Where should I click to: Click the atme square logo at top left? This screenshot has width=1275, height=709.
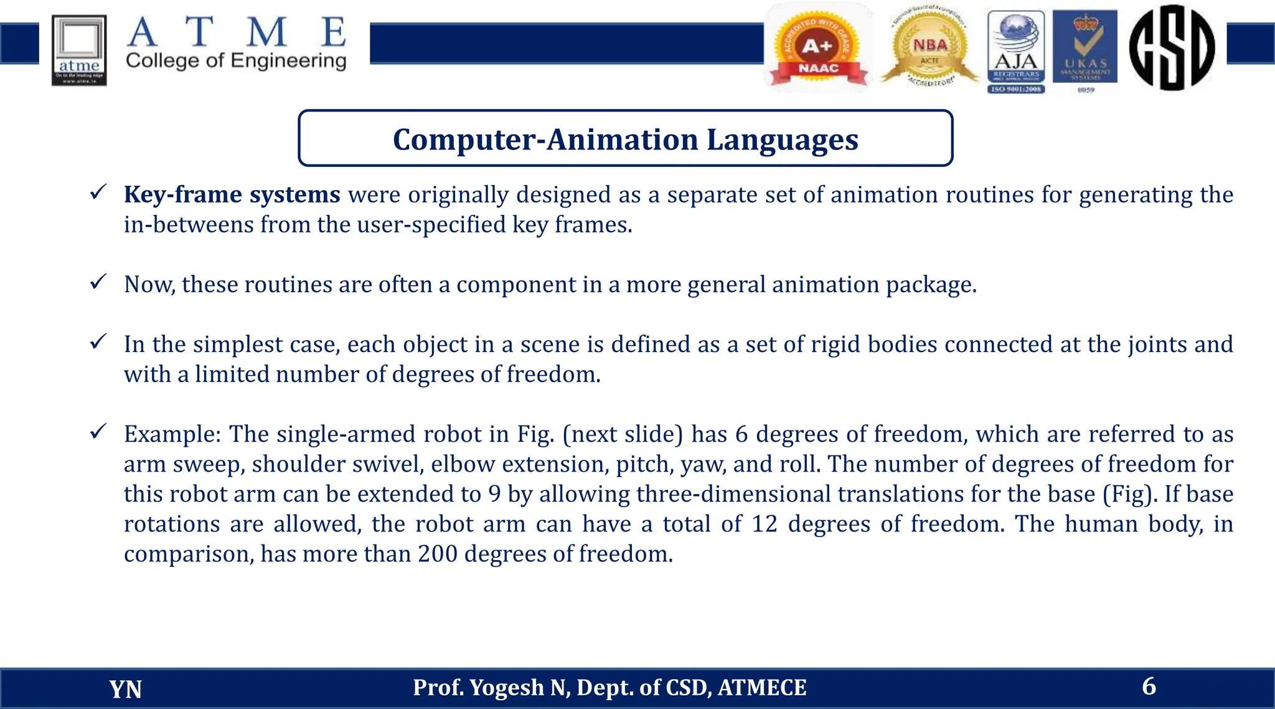coord(79,50)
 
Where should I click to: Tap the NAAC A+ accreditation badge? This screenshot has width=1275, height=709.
coord(818,49)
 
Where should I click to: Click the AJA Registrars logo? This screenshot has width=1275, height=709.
coord(1016,52)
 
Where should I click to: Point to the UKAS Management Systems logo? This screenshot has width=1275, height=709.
coord(1085,50)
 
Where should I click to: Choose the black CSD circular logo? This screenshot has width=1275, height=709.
coord(1172,47)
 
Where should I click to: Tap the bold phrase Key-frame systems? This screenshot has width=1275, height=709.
coord(232,194)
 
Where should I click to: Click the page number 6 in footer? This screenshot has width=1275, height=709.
coord(1149,686)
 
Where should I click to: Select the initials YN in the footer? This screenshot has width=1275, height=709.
coord(126,689)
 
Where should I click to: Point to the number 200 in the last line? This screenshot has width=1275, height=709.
coord(438,553)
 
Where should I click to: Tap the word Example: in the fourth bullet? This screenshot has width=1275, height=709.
coord(172,434)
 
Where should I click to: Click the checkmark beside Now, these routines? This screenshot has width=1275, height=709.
coord(98,282)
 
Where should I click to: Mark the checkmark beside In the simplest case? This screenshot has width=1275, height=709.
coord(98,342)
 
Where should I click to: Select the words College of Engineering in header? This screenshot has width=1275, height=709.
coord(236,61)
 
